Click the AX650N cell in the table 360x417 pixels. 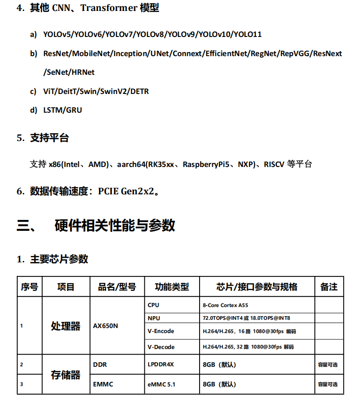point(105,326)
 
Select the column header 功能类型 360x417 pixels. point(172,287)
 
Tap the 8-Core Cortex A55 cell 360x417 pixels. point(225,305)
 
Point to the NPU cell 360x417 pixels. point(154,318)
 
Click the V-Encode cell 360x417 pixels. point(161,331)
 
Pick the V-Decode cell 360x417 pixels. point(161,347)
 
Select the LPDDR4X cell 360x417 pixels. point(161,365)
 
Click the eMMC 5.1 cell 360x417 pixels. point(161,384)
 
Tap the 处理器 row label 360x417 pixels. point(66,326)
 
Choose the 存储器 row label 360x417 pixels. point(66,375)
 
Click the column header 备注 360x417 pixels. point(329,287)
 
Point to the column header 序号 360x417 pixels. point(30,287)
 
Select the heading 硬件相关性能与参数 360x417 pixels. point(115,225)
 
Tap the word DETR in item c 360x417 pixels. point(139,91)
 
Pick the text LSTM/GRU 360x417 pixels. point(62,110)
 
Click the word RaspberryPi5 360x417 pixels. point(206,164)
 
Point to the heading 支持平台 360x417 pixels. point(49,138)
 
